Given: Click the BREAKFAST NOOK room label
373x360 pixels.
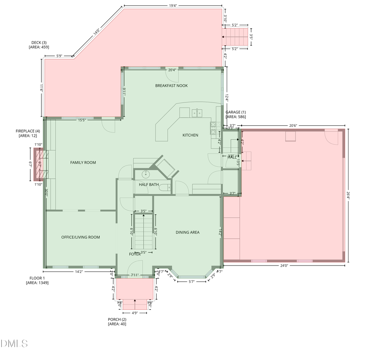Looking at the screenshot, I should pyautogui.click(x=171, y=85).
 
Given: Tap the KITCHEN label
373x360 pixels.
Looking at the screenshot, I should pyautogui.click(x=190, y=135).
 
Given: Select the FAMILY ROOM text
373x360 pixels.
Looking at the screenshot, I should pyautogui.click(x=83, y=163).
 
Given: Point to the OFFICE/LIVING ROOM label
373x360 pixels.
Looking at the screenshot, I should pyautogui.click(x=80, y=237).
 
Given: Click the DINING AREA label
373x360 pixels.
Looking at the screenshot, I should pyautogui.click(x=187, y=232).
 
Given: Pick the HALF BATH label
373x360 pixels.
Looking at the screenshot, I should pyautogui.click(x=149, y=185).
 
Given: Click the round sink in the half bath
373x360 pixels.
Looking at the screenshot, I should pyautogui.click(x=145, y=174).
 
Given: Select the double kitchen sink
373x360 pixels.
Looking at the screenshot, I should pyautogui.click(x=196, y=113).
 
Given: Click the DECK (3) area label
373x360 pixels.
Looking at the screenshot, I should pyautogui.click(x=39, y=45).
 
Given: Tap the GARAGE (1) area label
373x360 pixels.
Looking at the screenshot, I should pyautogui.click(x=236, y=114).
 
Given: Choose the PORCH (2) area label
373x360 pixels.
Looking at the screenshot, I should pyautogui.click(x=117, y=321).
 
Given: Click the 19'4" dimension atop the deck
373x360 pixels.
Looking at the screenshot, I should pyautogui.click(x=173, y=6).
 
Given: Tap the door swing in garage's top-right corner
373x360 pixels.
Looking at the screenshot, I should pyautogui.click(x=331, y=136).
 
